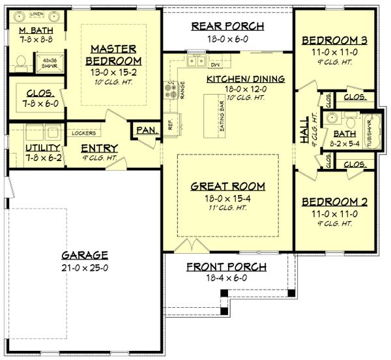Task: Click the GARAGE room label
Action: pyautogui.click(x=85, y=254)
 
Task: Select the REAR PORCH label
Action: pyautogui.click(x=227, y=26)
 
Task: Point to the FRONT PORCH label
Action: pyautogui.click(x=227, y=266)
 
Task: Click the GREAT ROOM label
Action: pyautogui.click(x=227, y=186)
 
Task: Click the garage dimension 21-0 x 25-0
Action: pyautogui.click(x=85, y=266)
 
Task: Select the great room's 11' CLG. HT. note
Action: pyautogui.click(x=227, y=207)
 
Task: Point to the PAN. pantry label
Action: pyautogui.click(x=146, y=130)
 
